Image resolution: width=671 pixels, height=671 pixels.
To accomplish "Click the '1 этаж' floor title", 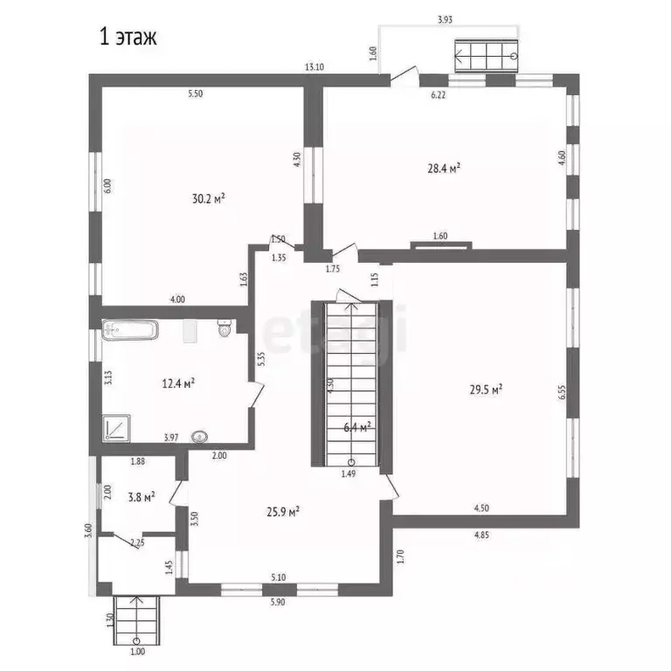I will click(126, 38).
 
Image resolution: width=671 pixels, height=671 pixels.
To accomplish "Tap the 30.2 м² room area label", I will click(209, 199).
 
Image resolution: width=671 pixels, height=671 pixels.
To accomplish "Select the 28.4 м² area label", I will click(444, 169).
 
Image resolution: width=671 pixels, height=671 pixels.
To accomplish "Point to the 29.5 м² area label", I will click(485, 391).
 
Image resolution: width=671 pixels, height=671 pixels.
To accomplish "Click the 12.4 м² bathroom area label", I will click(177, 383).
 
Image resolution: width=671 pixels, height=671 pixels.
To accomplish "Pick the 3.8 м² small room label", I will click(139, 496).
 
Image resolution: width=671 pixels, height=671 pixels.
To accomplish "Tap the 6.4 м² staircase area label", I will click(356, 427).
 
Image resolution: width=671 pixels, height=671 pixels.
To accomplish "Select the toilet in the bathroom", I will click(224, 329).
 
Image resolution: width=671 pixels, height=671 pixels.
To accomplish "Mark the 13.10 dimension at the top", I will click(314, 67).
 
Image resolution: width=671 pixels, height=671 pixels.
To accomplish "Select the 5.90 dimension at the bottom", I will click(279, 603).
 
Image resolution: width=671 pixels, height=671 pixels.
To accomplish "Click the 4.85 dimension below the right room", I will click(481, 535).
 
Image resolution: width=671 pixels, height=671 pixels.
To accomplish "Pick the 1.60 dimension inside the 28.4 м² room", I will click(439, 235).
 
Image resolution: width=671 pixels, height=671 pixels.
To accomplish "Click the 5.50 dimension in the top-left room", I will click(194, 93).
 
